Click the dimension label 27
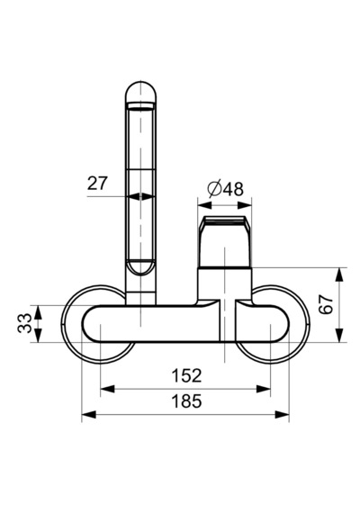point(97,184)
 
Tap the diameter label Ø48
point(226,189)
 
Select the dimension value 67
point(326,304)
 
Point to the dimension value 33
point(24,323)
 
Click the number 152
point(186,375)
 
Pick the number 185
point(186,401)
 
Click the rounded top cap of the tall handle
point(141,93)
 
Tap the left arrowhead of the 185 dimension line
point(88,415)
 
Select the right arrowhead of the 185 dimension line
point(282,415)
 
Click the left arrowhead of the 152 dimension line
point(107,389)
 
